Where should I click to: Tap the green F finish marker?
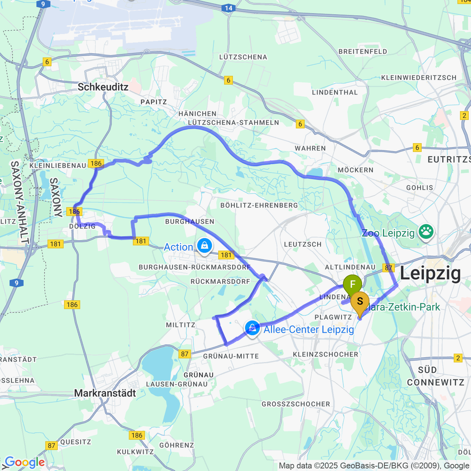coord(352,284)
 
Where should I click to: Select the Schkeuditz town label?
coord(103,87)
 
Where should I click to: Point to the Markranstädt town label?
coord(105,393)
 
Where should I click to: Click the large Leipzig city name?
coord(430,273)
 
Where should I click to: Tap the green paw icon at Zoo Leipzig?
coord(426,232)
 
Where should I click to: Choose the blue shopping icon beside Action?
coord(204,245)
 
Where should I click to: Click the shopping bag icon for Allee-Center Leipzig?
coord(252,328)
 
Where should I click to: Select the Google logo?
coord(25,462)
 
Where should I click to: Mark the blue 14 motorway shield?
coord(229,8)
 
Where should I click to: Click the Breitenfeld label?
coord(363,52)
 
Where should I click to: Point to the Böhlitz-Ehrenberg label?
coord(259,205)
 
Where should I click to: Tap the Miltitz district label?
coord(181,325)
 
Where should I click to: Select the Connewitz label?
coord(436,382)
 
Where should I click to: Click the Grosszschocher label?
coord(296,404)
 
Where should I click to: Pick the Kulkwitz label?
coord(135,452)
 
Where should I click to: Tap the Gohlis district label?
coord(419,188)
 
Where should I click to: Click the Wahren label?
coord(310,148)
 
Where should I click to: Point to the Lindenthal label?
coord(335,92)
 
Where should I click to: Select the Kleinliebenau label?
coord(58,166)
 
